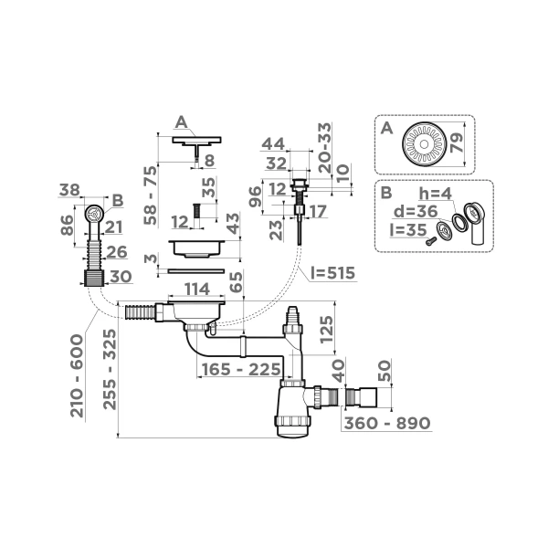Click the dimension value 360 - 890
click(386, 424)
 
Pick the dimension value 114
click(196, 290)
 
